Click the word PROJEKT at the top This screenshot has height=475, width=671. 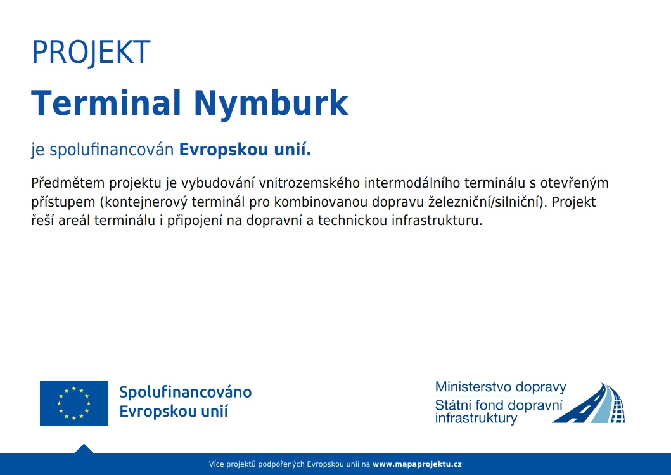[91, 53]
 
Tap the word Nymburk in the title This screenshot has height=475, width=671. [271, 105]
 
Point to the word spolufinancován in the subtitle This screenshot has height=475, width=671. [112, 150]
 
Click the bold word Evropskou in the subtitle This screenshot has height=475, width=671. [217, 150]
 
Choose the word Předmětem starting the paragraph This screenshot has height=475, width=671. [68, 183]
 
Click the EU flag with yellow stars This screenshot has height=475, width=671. [74, 403]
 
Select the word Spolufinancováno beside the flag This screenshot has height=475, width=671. [185, 392]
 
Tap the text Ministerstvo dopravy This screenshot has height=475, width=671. [501, 387]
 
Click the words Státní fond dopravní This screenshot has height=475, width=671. [499, 405]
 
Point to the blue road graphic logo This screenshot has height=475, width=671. [589, 403]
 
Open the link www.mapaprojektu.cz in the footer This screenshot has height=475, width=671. [417, 464]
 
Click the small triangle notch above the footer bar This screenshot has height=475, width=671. [84, 448]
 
